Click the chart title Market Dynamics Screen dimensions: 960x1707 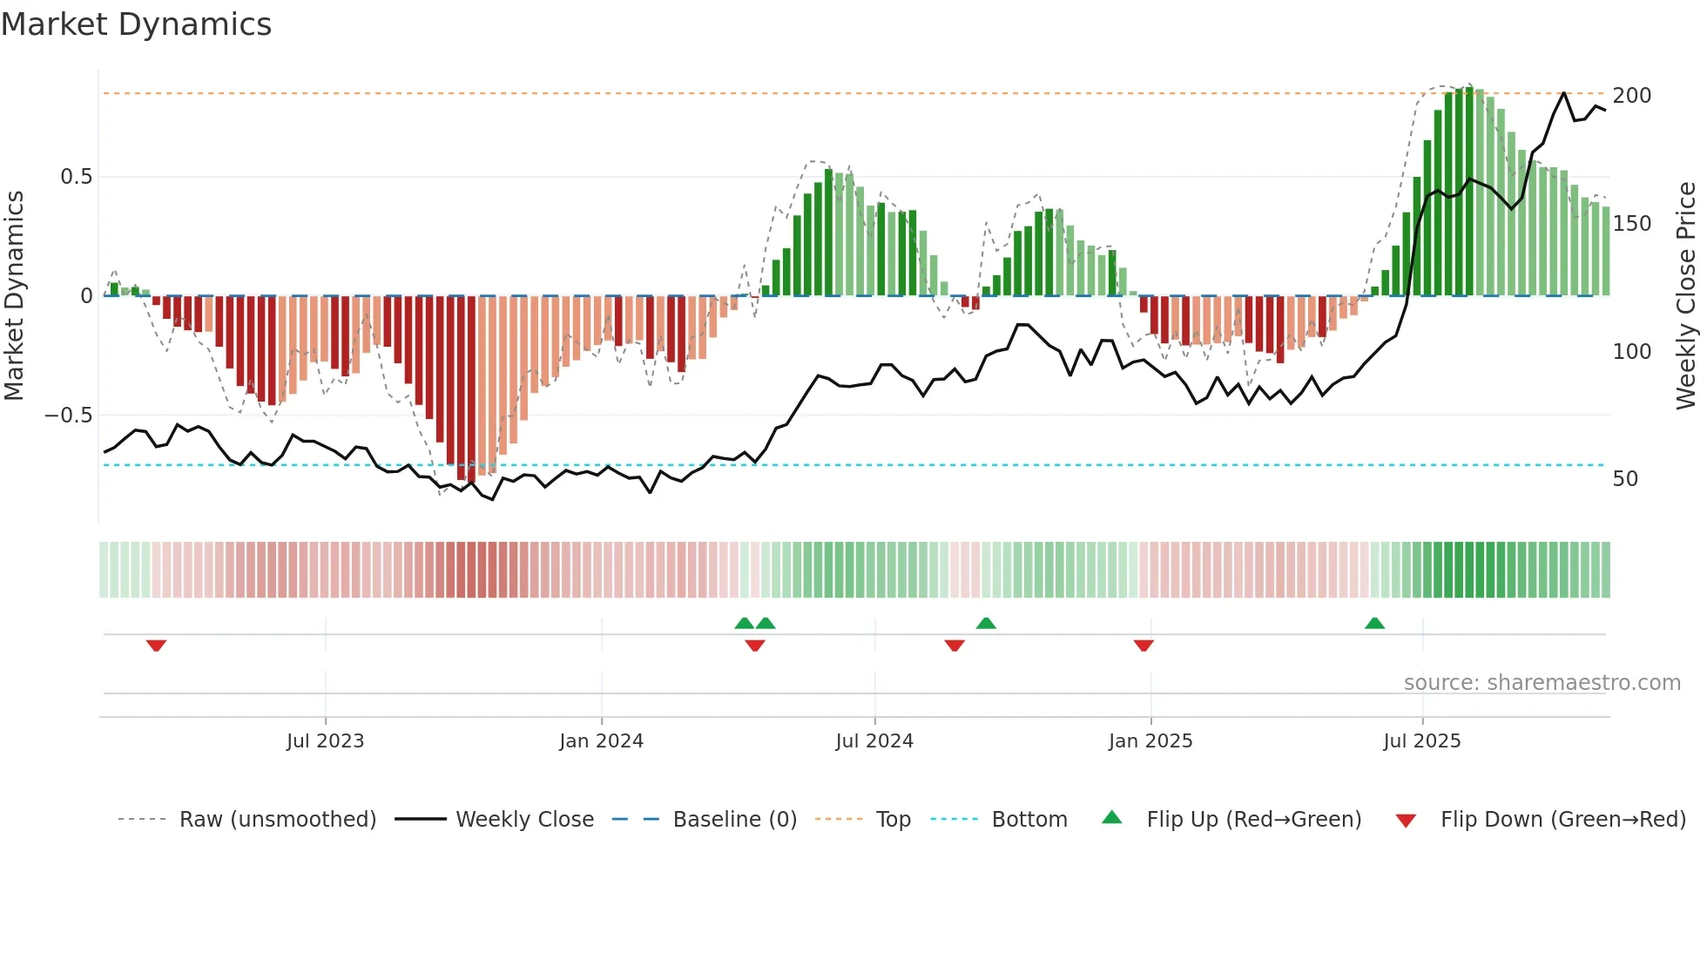[x=137, y=24]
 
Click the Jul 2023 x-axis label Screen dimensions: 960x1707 [x=325, y=741]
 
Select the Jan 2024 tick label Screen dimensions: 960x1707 [x=601, y=741]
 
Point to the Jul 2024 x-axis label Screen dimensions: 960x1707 [x=874, y=741]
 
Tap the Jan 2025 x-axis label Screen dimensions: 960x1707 [x=1150, y=741]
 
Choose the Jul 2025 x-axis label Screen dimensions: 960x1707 [x=1422, y=741]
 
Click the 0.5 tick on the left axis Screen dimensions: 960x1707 [x=76, y=177]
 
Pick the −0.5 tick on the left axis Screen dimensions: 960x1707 [x=69, y=416]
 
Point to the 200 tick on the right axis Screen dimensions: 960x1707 [x=1631, y=96]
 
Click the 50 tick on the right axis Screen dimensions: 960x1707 [x=1625, y=479]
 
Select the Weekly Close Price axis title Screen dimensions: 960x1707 [x=1686, y=296]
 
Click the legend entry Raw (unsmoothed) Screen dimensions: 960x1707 [x=277, y=820]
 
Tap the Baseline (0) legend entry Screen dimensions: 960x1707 [x=734, y=820]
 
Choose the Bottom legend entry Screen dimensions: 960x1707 [x=1029, y=820]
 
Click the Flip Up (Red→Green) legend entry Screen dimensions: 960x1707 [x=1253, y=820]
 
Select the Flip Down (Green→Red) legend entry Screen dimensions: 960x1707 [x=1562, y=820]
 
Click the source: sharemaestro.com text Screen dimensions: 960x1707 [x=1542, y=683]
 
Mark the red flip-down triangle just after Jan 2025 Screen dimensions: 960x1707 [x=1144, y=645]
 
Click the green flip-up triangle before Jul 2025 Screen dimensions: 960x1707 [x=1374, y=624]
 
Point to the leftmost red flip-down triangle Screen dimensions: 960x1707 [x=156, y=645]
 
